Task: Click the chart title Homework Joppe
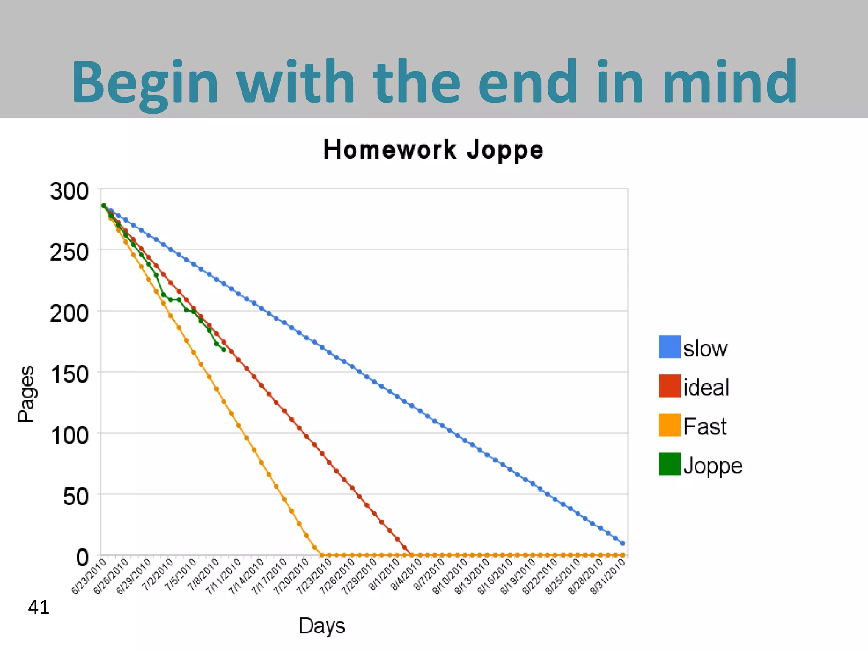433,150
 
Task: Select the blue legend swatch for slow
669,347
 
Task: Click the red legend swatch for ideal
669,386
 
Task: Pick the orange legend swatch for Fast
669,425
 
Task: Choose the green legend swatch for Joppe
669,464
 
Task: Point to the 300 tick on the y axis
70,191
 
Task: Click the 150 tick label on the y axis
70,375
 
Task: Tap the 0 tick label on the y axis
82,558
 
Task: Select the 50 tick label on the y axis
76,497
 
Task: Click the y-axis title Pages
26,394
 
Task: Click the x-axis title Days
322,626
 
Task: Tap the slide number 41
39,607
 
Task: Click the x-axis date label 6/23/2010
88,577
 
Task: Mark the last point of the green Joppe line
224,350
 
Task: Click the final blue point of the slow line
623,543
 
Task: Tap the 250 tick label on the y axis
70,253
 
